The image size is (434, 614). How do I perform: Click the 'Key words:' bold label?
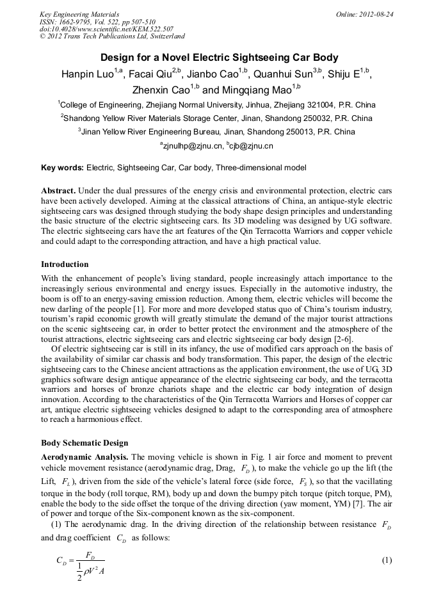(62, 168)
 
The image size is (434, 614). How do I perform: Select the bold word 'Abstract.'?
(60, 191)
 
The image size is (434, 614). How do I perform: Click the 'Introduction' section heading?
(65, 264)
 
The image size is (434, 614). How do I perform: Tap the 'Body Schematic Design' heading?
(84, 442)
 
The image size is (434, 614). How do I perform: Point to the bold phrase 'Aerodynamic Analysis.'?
(84, 456)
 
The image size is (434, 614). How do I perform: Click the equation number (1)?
(387, 560)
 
